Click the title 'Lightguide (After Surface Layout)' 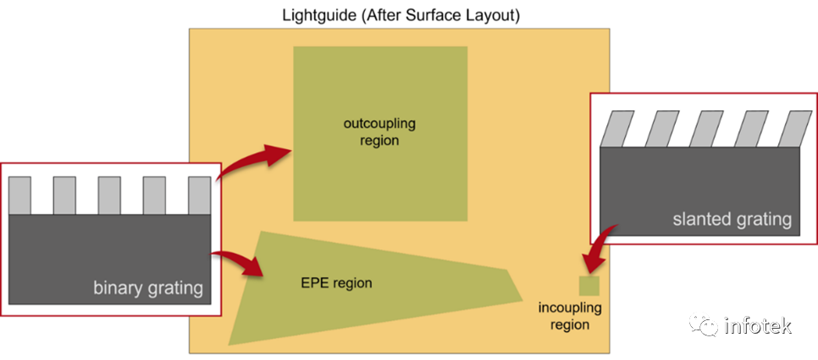point(401,15)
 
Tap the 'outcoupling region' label point(379,132)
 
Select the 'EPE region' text point(336,283)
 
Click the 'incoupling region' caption point(570,316)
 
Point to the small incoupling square point(589,286)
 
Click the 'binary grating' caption point(147,287)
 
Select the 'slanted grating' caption point(732,219)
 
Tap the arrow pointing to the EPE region point(238,262)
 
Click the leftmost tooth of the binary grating point(19,196)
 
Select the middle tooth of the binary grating point(109,196)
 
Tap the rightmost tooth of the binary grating point(199,196)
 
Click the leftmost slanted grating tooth point(617,129)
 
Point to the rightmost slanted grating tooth point(795,129)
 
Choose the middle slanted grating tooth point(706,129)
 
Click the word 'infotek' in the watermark point(758,326)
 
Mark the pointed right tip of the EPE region point(522,301)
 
